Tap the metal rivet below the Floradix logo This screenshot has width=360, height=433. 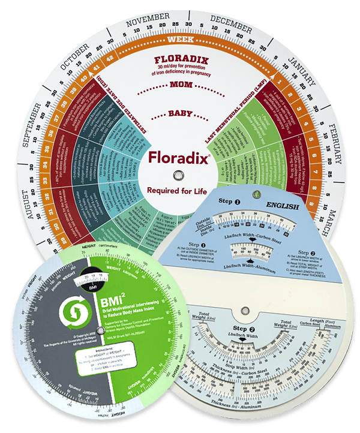[178, 175]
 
